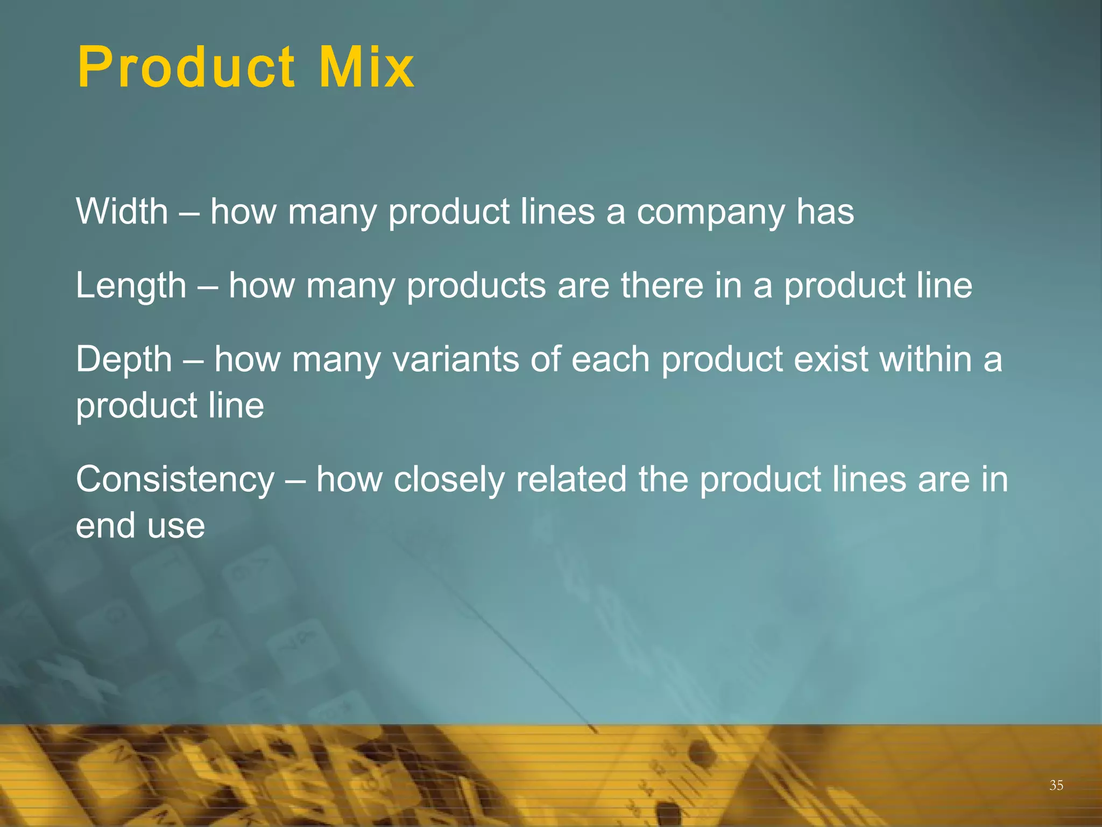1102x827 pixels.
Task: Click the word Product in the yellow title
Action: point(186,68)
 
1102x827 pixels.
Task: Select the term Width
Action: point(122,211)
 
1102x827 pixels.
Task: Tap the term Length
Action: point(131,285)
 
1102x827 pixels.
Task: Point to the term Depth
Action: point(124,360)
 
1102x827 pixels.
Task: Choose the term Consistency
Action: point(175,479)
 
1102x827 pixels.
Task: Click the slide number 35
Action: point(1056,786)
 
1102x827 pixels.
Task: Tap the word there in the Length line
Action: point(662,285)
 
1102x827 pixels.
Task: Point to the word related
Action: point(571,479)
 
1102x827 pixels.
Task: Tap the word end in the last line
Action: point(105,525)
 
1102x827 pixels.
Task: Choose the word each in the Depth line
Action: point(610,360)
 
